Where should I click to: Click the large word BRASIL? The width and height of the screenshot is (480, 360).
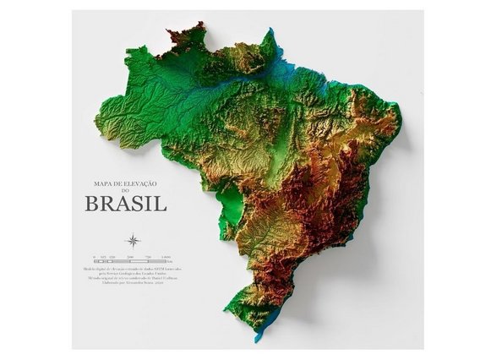tap(125, 204)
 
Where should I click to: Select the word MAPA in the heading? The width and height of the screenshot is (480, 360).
tap(100, 183)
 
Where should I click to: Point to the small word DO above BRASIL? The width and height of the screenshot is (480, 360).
tap(126, 191)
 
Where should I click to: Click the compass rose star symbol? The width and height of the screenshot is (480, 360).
tap(134, 240)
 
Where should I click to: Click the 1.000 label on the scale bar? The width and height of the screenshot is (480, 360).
tap(166, 255)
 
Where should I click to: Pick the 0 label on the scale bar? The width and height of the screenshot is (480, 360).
tap(95, 255)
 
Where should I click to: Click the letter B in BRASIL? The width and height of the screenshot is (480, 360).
tap(90, 204)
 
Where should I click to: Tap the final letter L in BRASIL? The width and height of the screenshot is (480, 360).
tap(162, 204)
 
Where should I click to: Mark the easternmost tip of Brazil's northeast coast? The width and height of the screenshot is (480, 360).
tap(399, 127)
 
